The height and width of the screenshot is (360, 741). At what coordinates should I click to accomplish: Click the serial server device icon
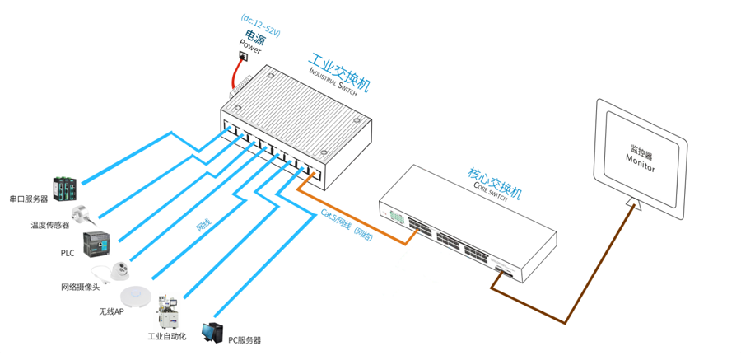coord(65,189)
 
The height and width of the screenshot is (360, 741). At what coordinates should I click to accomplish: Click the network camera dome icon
coord(120,269)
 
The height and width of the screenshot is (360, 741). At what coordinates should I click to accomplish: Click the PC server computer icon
coord(213,333)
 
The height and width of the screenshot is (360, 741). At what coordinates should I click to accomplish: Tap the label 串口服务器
coord(29,199)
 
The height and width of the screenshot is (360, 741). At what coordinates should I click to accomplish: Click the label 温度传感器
coord(50,225)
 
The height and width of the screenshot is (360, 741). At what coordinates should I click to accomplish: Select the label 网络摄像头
coord(80,288)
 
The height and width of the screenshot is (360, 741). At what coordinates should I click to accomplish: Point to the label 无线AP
coord(111,312)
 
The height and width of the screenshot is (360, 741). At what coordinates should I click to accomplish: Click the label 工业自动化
coord(167,337)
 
